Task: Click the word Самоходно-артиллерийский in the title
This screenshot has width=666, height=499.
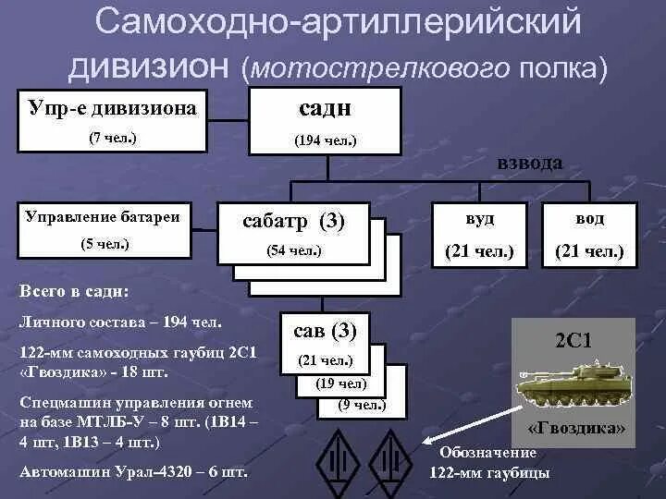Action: coord(338,23)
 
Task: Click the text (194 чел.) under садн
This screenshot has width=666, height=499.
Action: coord(326,140)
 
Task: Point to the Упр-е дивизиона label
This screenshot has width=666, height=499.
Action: coord(112,108)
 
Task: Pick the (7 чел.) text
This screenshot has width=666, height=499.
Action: coord(112,137)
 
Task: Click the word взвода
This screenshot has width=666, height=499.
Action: coord(529,163)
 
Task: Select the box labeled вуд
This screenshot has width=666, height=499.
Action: coord(478,235)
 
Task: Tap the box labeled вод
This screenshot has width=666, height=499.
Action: coord(589,235)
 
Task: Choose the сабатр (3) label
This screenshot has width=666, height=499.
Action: coord(293,221)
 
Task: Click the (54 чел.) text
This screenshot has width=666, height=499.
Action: coord(293,249)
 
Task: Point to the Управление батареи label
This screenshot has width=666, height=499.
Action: coord(104,217)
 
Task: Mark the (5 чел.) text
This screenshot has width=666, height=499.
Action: coord(105,244)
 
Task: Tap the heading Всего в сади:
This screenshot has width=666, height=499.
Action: coord(75,291)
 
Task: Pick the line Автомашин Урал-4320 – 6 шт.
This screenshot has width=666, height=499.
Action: coord(133,471)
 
